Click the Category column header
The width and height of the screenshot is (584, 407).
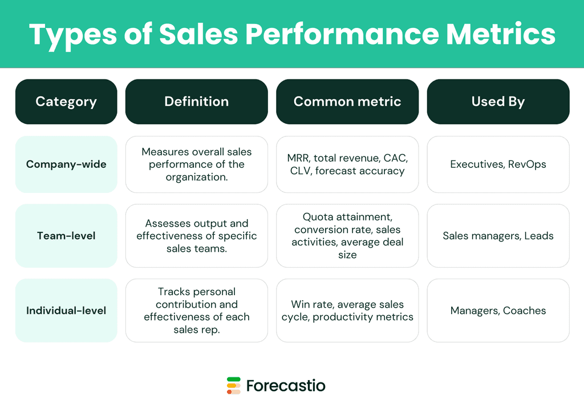point(66,102)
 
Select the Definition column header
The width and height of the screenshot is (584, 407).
point(196,102)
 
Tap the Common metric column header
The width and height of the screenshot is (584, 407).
point(347,102)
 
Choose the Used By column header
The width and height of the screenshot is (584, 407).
point(498,102)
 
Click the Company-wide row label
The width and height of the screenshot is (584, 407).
point(66,164)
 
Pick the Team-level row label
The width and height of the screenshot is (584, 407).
point(66,236)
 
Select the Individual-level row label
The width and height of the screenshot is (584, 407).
point(66,311)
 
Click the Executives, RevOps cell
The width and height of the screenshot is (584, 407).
point(498,164)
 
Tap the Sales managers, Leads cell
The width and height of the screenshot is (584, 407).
point(498,236)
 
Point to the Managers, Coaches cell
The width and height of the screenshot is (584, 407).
point(498,311)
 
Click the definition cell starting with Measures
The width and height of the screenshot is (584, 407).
point(196,164)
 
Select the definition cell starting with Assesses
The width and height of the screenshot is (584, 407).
point(196,236)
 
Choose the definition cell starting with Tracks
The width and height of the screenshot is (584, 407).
point(196,311)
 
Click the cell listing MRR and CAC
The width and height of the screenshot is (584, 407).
point(347,164)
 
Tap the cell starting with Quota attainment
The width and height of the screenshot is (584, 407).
point(347,236)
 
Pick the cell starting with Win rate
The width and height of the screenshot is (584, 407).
point(347,311)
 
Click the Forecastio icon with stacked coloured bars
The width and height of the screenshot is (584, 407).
point(234,385)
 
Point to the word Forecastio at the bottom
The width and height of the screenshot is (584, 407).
point(286,386)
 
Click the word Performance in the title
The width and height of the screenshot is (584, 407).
point(342,34)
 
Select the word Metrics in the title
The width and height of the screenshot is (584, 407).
point(501,34)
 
